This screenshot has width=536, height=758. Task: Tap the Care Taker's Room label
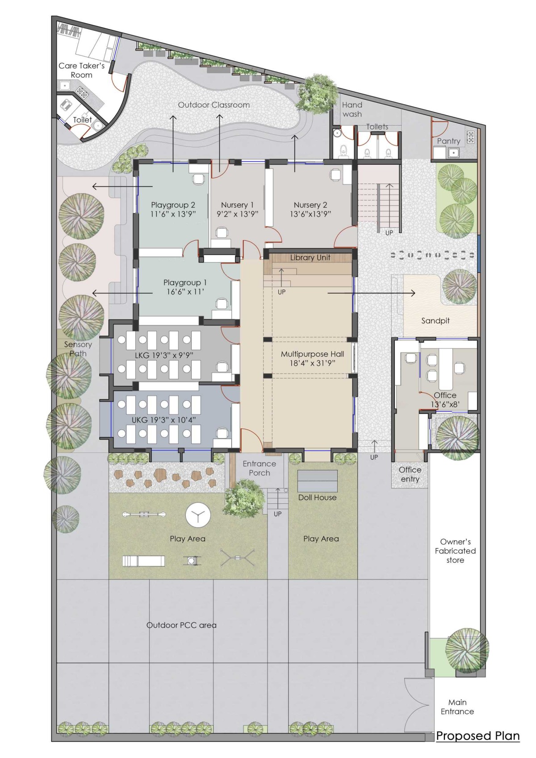(x=82, y=70)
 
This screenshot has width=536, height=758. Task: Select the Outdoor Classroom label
(x=214, y=105)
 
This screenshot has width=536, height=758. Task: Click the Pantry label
(x=448, y=141)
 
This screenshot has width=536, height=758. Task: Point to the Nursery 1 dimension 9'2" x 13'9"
(x=237, y=214)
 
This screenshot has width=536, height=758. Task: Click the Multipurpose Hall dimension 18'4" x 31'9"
(x=312, y=363)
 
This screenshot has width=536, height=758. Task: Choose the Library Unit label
(x=310, y=258)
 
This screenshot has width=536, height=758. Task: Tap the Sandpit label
(x=435, y=321)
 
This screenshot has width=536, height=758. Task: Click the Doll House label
(x=317, y=498)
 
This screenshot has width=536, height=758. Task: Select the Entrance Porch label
(x=259, y=469)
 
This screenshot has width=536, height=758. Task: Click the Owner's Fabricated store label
(x=455, y=551)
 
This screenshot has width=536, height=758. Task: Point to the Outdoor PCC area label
(x=181, y=625)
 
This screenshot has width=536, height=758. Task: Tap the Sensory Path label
(x=78, y=349)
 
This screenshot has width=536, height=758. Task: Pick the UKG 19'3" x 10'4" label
(x=164, y=420)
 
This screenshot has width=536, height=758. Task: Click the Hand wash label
(x=352, y=109)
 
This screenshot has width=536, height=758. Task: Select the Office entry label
(x=410, y=474)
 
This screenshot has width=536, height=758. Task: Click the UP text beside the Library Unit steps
(x=281, y=292)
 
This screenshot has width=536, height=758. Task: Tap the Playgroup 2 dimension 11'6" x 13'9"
(x=173, y=214)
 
